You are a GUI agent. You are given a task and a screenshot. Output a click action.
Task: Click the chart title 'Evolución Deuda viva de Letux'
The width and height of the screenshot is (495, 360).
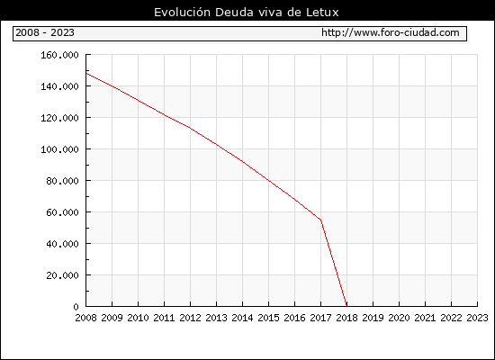tap(247, 13)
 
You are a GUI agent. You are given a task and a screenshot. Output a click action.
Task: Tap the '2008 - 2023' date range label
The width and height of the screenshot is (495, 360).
tap(45, 32)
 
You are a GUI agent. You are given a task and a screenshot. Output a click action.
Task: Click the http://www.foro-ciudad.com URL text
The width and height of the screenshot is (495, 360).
tap(391, 32)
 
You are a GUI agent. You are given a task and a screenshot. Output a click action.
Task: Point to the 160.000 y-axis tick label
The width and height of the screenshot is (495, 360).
tap(59, 55)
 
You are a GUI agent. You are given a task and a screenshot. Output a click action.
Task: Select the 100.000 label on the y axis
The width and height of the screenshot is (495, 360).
tap(59, 149)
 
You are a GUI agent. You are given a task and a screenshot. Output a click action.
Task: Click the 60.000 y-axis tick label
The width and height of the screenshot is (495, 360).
tap(62, 212)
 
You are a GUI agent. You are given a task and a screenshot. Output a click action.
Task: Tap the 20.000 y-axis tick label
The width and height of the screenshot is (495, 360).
tap(62, 275)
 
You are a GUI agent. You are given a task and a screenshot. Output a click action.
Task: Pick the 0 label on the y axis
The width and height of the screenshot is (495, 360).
tap(76, 307)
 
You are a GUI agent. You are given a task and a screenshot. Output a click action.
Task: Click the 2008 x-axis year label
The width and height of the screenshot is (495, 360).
tap(85, 318)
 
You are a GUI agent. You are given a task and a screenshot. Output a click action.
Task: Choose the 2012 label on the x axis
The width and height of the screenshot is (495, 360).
tap(191, 318)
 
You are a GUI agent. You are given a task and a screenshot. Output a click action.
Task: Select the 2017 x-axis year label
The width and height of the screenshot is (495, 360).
tap(320, 318)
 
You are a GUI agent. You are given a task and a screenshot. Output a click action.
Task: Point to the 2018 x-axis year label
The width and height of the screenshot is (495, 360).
tap(346, 318)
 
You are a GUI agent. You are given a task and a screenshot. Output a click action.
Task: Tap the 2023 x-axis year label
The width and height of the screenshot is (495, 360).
tap(477, 318)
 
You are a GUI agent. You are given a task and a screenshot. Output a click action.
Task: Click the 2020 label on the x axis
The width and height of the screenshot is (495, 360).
tap(399, 318)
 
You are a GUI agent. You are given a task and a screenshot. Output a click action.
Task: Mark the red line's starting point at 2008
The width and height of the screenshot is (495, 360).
tap(86, 73)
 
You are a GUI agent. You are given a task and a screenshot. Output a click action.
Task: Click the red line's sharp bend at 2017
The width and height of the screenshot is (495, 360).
tap(320, 220)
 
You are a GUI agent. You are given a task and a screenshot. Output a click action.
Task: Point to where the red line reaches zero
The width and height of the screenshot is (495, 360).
tap(346, 306)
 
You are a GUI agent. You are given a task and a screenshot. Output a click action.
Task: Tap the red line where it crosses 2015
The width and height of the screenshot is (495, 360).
tap(269, 180)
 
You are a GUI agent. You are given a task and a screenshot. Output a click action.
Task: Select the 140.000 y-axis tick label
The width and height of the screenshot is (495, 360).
tap(59, 86)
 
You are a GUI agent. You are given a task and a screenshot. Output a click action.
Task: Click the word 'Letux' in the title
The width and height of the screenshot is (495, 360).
tap(322, 13)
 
